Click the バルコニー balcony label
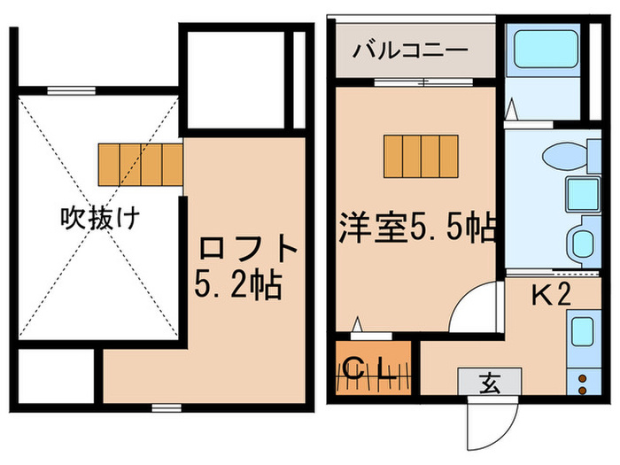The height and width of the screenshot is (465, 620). (409, 50)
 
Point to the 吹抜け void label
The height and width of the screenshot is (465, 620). (98, 217)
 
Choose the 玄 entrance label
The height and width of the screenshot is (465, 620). (488, 382)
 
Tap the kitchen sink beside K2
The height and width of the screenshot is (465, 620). (583, 331)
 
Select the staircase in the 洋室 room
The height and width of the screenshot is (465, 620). (422, 156)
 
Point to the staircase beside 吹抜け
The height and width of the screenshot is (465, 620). (140, 163)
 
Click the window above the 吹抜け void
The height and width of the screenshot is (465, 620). (71, 89)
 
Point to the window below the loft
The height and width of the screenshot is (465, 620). (161, 407)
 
